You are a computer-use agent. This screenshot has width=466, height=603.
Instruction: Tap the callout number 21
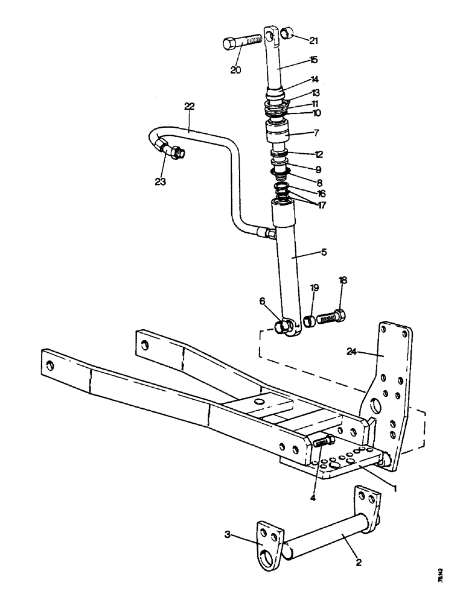pyautogui.click(x=313, y=41)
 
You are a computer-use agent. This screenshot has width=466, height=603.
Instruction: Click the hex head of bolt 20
pyautogui.click(x=231, y=43)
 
